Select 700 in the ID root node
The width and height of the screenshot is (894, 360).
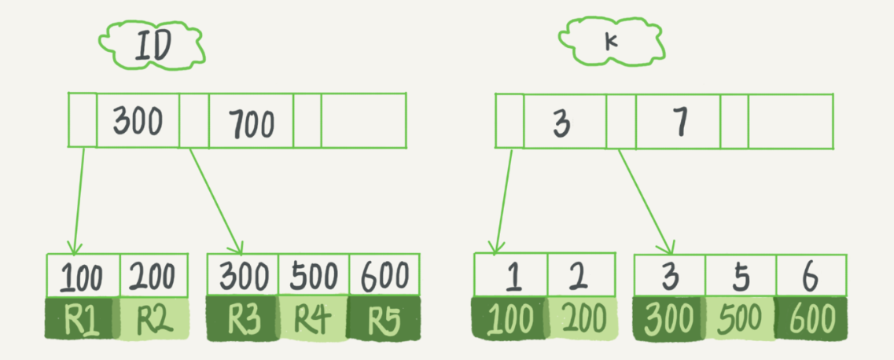[x=250, y=123]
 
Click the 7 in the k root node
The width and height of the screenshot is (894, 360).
[x=678, y=122]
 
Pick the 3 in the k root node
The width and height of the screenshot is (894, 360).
[x=562, y=123]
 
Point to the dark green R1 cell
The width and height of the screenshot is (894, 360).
[x=82, y=319]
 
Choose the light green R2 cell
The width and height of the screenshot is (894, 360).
[x=154, y=319]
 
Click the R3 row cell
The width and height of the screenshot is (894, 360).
[x=241, y=319]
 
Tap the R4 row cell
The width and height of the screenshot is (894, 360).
[x=312, y=319]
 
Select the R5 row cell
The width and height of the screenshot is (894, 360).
[x=384, y=319]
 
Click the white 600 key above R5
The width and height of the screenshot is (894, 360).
[x=384, y=277]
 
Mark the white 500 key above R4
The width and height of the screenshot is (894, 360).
[x=312, y=277]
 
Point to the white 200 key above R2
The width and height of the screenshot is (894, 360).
[x=154, y=277]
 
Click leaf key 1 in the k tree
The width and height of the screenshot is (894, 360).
[x=511, y=277]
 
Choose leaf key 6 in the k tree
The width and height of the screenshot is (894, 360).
[x=811, y=277]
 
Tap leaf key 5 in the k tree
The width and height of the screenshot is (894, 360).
[x=740, y=277]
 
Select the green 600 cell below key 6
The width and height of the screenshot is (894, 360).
[x=811, y=319]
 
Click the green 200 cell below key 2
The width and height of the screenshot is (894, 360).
[x=582, y=319]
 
